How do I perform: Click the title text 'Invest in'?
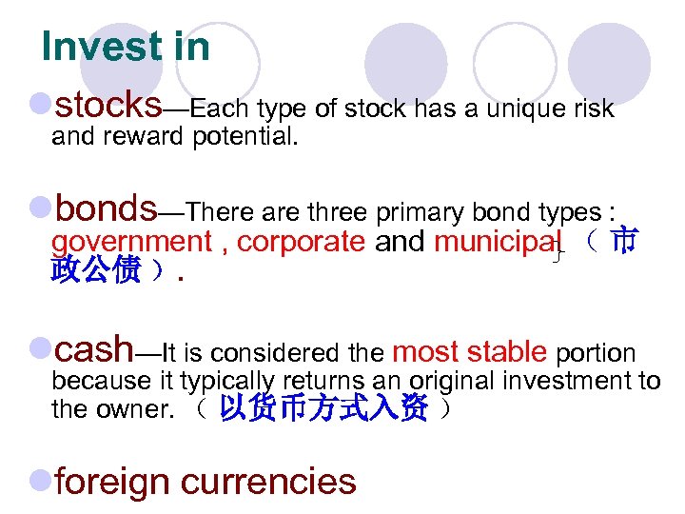click(x=126, y=47)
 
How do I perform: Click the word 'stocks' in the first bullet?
click(x=108, y=103)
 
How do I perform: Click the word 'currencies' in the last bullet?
click(x=268, y=482)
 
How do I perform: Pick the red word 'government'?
click(x=131, y=243)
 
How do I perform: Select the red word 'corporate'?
click(x=301, y=243)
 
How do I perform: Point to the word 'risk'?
click(x=595, y=109)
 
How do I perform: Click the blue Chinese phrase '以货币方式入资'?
click(x=323, y=411)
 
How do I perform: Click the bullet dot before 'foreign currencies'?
click(x=40, y=482)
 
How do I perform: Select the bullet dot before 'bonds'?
click(x=40, y=207)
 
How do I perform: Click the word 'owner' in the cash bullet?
click(x=128, y=411)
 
